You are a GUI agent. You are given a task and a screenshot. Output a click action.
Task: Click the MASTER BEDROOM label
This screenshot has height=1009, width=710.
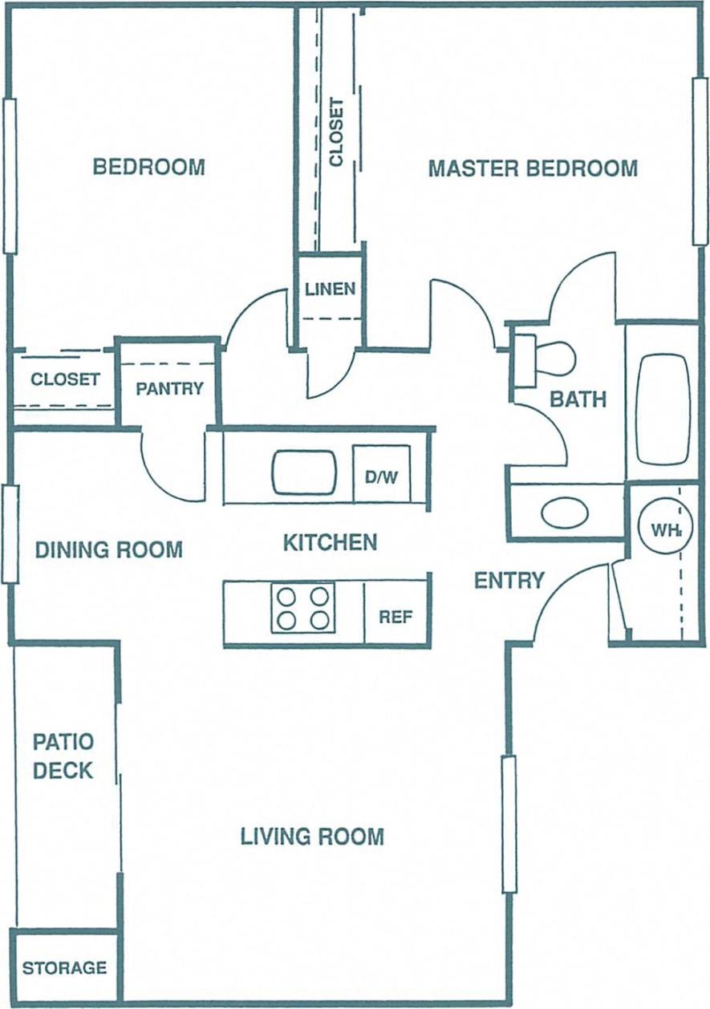(533, 168)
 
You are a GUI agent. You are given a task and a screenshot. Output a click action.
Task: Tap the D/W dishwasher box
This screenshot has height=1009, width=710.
(381, 476)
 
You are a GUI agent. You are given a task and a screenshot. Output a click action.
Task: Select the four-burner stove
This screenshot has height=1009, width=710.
(302, 608)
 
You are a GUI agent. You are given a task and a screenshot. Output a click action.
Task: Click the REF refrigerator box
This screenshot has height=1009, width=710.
(396, 617)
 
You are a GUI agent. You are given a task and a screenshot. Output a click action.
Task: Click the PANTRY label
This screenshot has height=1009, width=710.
(169, 389)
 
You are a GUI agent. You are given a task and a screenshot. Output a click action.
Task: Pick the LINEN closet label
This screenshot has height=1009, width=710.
(331, 289)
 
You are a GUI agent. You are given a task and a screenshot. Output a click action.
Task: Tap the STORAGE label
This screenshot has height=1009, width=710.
(64, 968)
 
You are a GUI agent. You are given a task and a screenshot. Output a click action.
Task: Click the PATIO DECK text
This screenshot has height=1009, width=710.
(63, 756)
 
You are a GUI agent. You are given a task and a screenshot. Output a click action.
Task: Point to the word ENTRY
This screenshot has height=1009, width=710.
(509, 580)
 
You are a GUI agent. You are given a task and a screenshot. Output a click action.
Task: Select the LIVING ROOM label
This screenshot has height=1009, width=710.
(312, 837)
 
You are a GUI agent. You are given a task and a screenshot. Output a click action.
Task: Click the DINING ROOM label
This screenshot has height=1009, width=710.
(109, 549)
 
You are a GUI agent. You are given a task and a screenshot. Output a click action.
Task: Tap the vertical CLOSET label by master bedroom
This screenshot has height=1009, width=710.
(336, 132)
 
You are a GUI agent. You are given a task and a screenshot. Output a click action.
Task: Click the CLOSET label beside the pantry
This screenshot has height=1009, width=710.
(65, 379)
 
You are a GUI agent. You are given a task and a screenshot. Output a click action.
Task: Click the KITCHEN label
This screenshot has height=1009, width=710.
(330, 542)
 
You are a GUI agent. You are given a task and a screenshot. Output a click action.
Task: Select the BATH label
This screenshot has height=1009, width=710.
(578, 399)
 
